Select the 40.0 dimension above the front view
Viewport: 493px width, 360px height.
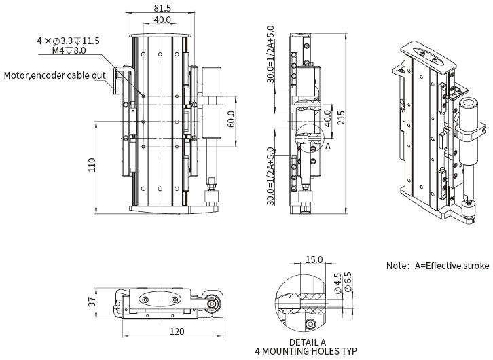[x=162, y=20]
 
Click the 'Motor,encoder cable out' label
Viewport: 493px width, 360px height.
[x=54, y=75]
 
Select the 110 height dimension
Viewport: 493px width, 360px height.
[x=91, y=164]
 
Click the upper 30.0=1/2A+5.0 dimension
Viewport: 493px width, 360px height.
[x=270, y=55]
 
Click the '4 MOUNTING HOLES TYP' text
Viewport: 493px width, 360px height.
[x=306, y=352]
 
